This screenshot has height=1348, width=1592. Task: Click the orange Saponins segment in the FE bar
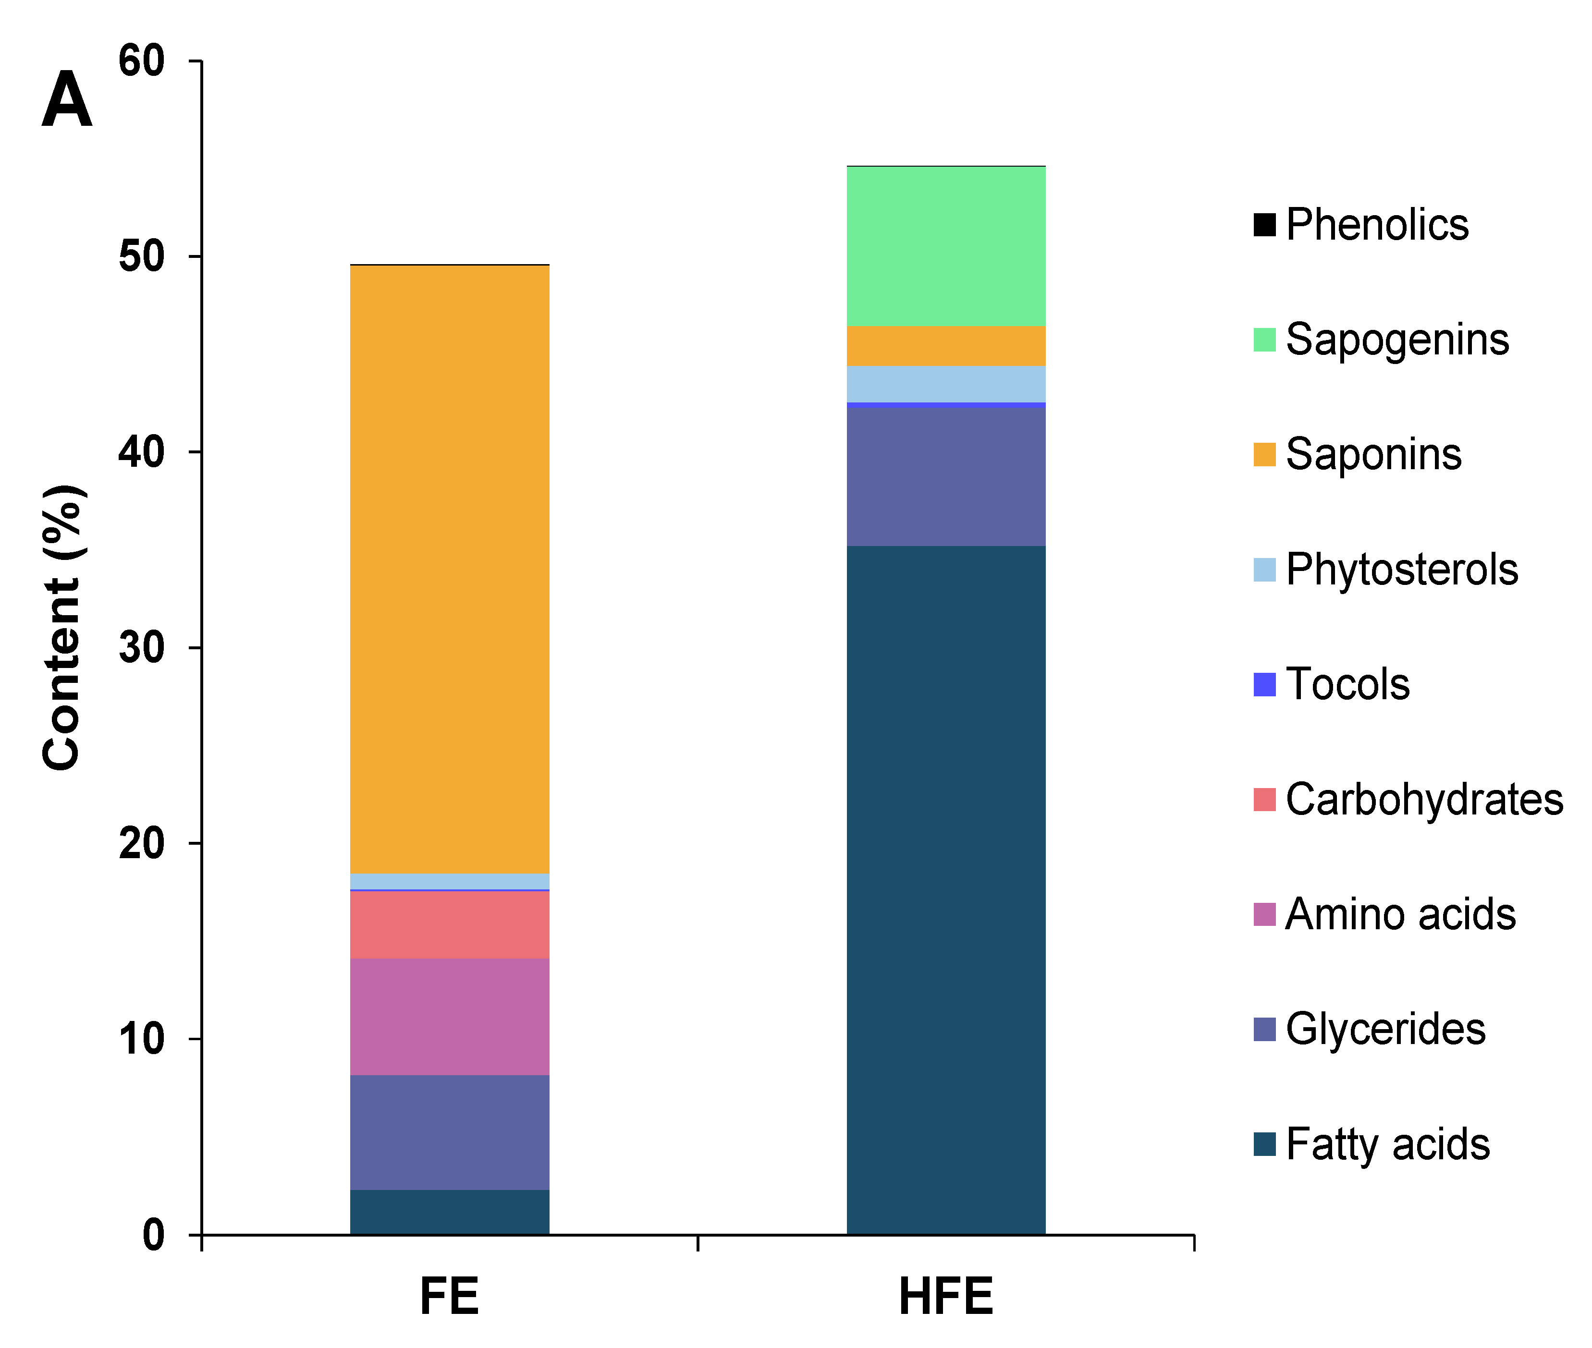pos(449,569)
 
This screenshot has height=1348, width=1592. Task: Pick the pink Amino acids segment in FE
pos(449,1016)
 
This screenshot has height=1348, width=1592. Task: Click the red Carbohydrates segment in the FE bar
pos(449,924)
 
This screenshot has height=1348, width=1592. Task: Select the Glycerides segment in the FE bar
pos(449,1132)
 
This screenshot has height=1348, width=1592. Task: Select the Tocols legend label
pos(1347,684)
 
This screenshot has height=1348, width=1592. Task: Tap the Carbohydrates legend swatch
pos(1264,799)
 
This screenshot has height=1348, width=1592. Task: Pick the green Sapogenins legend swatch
pos(1264,340)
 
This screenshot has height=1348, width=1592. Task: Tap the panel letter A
pos(67,99)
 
